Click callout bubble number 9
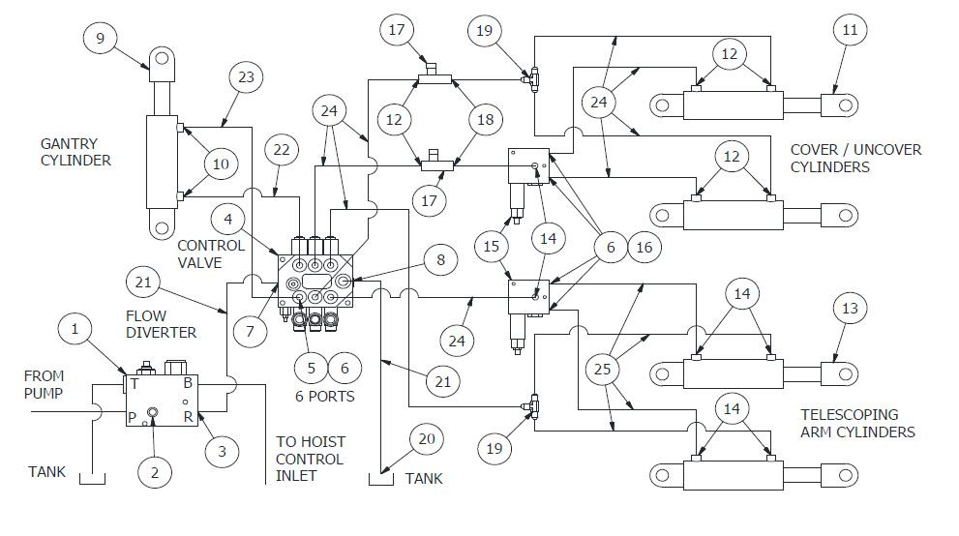click(100, 39)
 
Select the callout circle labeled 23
click(246, 78)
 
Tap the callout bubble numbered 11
click(849, 30)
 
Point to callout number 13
click(849, 309)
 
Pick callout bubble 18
click(485, 120)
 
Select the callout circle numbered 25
click(603, 369)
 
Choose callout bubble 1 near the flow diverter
click(75, 329)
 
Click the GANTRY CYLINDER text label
click(75, 152)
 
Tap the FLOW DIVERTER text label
click(161, 324)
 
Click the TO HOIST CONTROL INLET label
click(310, 458)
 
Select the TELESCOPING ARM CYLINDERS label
click(857, 423)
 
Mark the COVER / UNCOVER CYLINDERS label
click(855, 159)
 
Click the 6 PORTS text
click(324, 397)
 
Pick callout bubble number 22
click(281, 150)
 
